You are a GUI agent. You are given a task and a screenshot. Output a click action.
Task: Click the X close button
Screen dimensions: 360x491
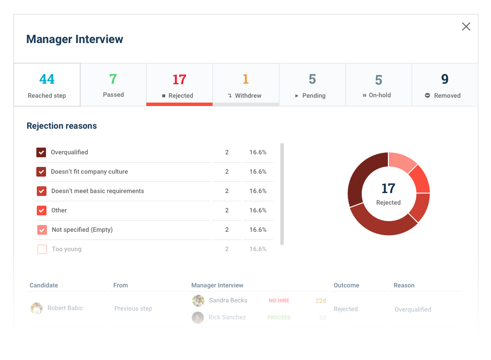(x=466, y=27)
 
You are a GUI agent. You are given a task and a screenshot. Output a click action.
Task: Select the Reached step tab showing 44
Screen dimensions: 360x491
(x=47, y=85)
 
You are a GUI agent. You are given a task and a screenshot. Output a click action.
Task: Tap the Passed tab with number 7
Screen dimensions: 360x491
(x=113, y=85)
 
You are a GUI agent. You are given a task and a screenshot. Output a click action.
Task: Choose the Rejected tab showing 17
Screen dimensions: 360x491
(x=179, y=85)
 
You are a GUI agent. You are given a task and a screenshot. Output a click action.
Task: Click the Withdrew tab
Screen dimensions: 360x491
(x=245, y=85)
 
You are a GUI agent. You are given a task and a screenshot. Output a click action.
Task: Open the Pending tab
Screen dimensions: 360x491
(x=312, y=85)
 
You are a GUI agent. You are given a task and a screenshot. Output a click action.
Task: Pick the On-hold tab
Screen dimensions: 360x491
(x=378, y=85)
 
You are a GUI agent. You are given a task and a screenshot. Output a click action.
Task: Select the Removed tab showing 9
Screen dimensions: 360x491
(x=445, y=85)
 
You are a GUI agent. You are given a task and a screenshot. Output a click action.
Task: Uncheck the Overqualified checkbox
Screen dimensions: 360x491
(x=41, y=152)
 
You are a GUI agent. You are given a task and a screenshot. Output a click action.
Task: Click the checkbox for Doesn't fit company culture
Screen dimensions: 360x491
(x=41, y=172)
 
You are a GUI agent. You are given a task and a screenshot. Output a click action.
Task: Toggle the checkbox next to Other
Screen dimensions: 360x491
(x=42, y=210)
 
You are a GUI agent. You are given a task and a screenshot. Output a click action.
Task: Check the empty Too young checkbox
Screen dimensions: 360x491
(x=42, y=249)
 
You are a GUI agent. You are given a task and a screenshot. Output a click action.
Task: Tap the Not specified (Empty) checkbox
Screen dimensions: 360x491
(x=42, y=230)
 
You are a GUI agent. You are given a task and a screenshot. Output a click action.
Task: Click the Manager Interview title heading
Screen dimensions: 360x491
(x=75, y=39)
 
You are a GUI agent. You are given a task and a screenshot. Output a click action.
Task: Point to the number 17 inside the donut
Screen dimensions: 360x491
(x=388, y=188)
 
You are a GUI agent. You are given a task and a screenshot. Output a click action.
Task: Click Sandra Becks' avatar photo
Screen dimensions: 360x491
(x=198, y=301)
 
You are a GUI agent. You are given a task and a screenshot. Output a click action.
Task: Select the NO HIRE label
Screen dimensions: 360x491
(x=279, y=301)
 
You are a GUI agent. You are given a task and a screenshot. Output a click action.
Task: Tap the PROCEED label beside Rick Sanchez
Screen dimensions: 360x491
(x=279, y=318)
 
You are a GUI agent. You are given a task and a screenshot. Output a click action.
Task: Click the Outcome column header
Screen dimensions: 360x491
(x=346, y=285)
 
